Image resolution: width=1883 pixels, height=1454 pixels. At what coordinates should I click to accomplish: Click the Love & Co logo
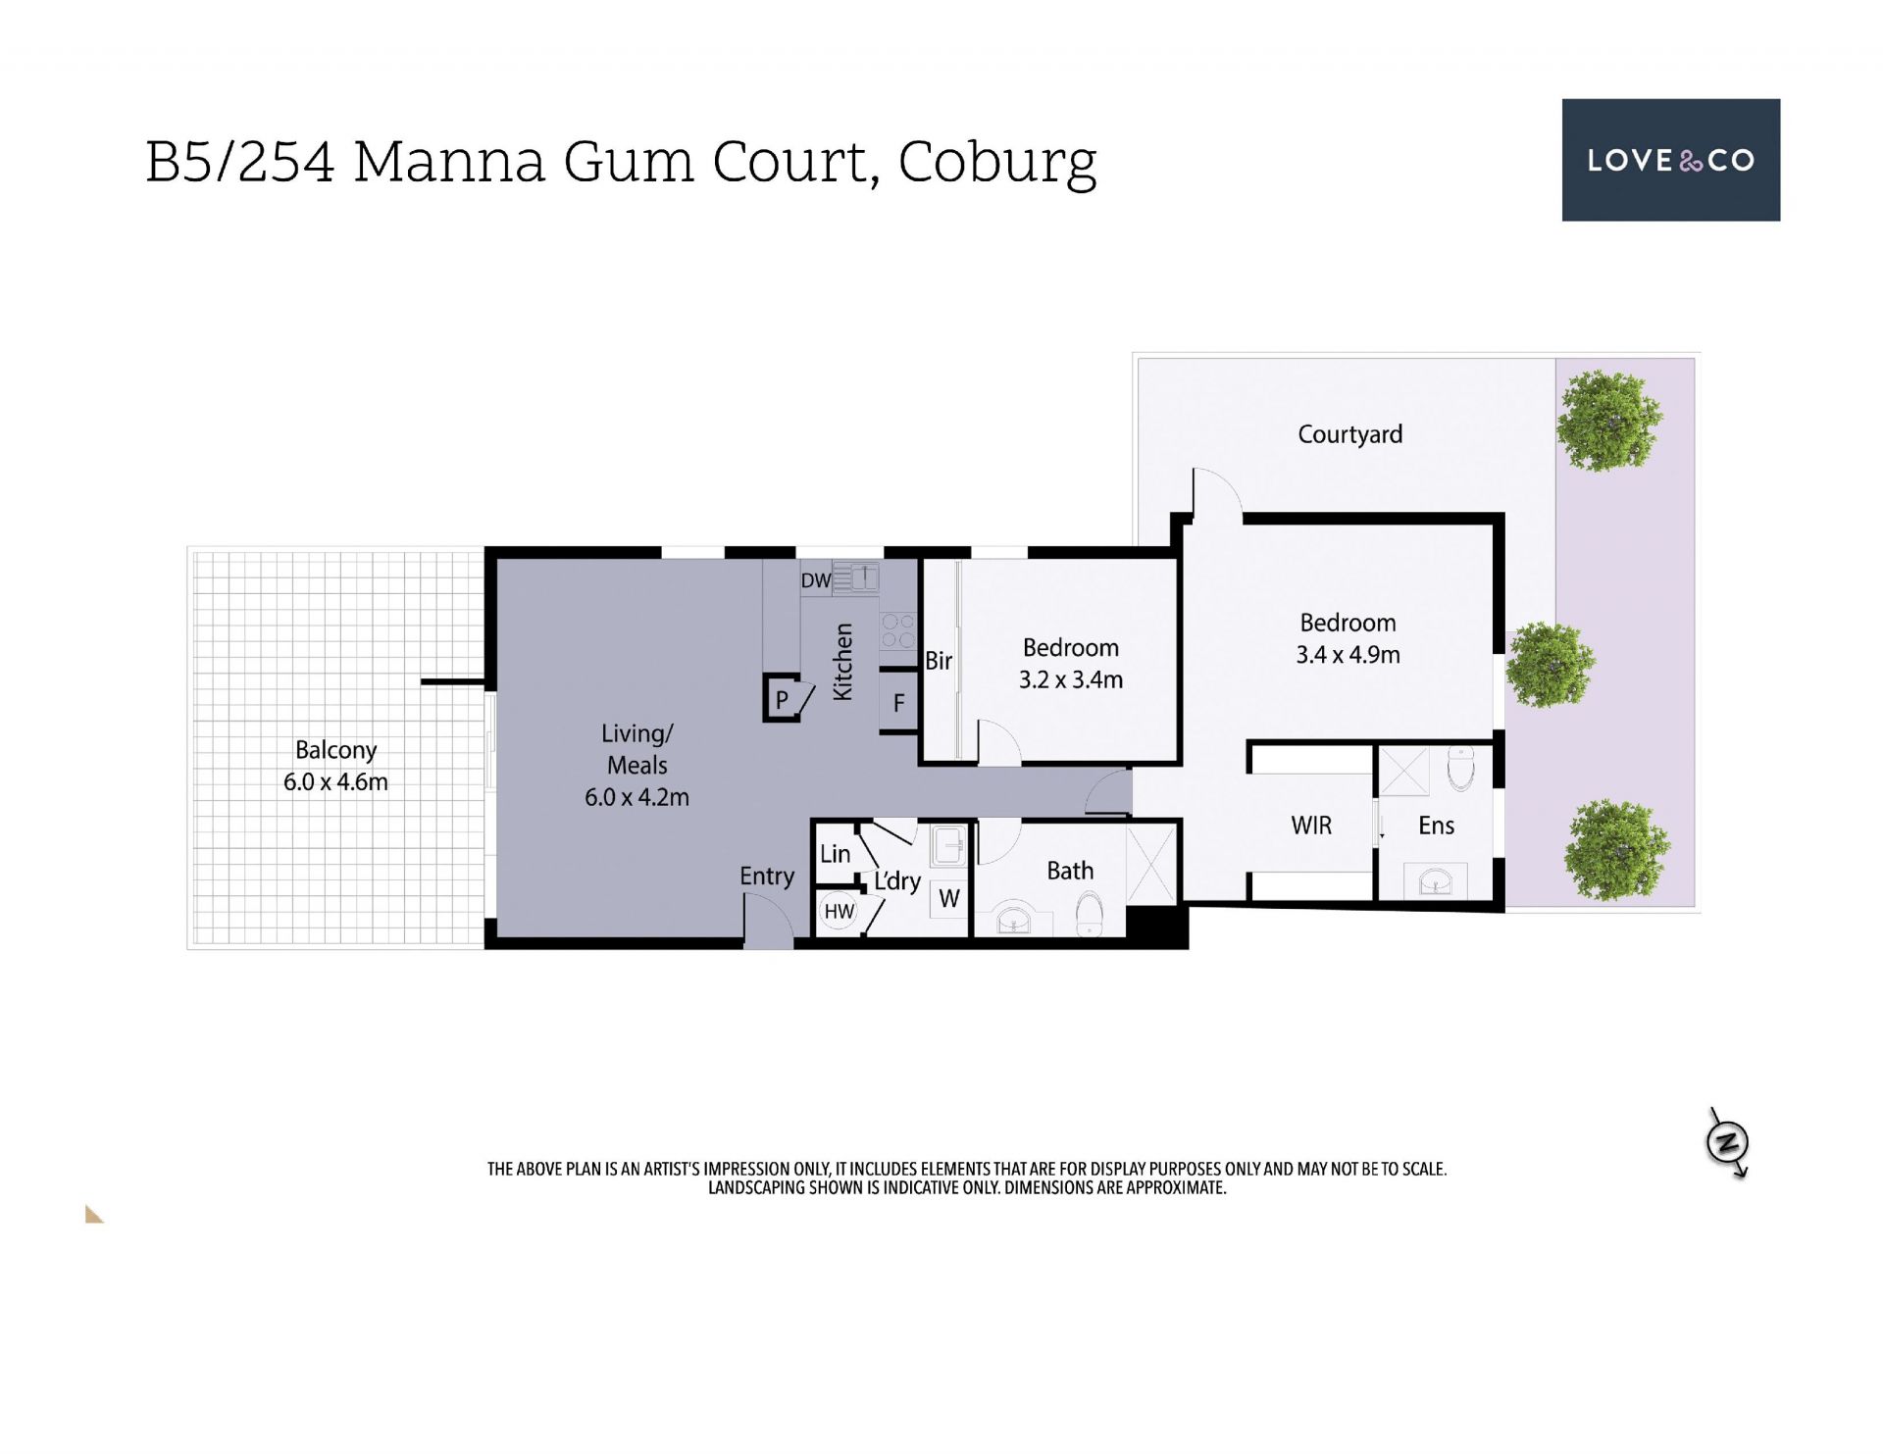pos(1670,160)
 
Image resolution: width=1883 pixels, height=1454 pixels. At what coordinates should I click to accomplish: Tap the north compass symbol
pos(1728,1143)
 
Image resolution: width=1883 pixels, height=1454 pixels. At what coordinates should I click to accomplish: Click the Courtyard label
pos(1349,434)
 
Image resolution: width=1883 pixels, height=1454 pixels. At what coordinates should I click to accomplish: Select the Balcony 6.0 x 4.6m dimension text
pos(335,782)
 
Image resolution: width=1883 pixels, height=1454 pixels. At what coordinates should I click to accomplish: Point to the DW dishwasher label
pos(815,580)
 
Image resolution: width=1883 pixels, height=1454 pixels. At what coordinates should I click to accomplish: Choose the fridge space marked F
pos(898,702)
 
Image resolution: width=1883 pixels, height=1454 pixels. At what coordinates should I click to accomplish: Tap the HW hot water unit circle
pos(839,912)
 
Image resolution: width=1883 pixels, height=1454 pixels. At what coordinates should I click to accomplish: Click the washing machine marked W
pos(948,899)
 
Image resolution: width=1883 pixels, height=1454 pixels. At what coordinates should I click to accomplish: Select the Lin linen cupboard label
pos(835,854)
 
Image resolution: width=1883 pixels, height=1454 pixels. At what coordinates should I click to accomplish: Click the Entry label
pos(767,877)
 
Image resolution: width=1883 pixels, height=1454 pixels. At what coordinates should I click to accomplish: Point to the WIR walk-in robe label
pos(1311,826)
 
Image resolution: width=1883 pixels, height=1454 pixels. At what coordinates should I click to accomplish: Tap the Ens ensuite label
pos(1436,826)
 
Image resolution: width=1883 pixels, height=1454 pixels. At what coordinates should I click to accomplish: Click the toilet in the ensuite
pos(1461,770)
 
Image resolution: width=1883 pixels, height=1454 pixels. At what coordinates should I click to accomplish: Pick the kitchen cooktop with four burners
pos(898,631)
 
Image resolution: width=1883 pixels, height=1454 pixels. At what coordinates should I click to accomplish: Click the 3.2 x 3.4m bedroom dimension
pos(1071,679)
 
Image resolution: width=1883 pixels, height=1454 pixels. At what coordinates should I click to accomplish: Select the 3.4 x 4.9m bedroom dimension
pos(1348,655)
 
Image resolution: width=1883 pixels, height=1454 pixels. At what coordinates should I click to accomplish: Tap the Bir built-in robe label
pos(939,661)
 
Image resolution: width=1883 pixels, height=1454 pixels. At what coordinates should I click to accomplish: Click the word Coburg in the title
pos(997,164)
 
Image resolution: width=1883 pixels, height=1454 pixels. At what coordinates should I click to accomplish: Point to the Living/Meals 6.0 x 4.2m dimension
pos(636,797)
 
